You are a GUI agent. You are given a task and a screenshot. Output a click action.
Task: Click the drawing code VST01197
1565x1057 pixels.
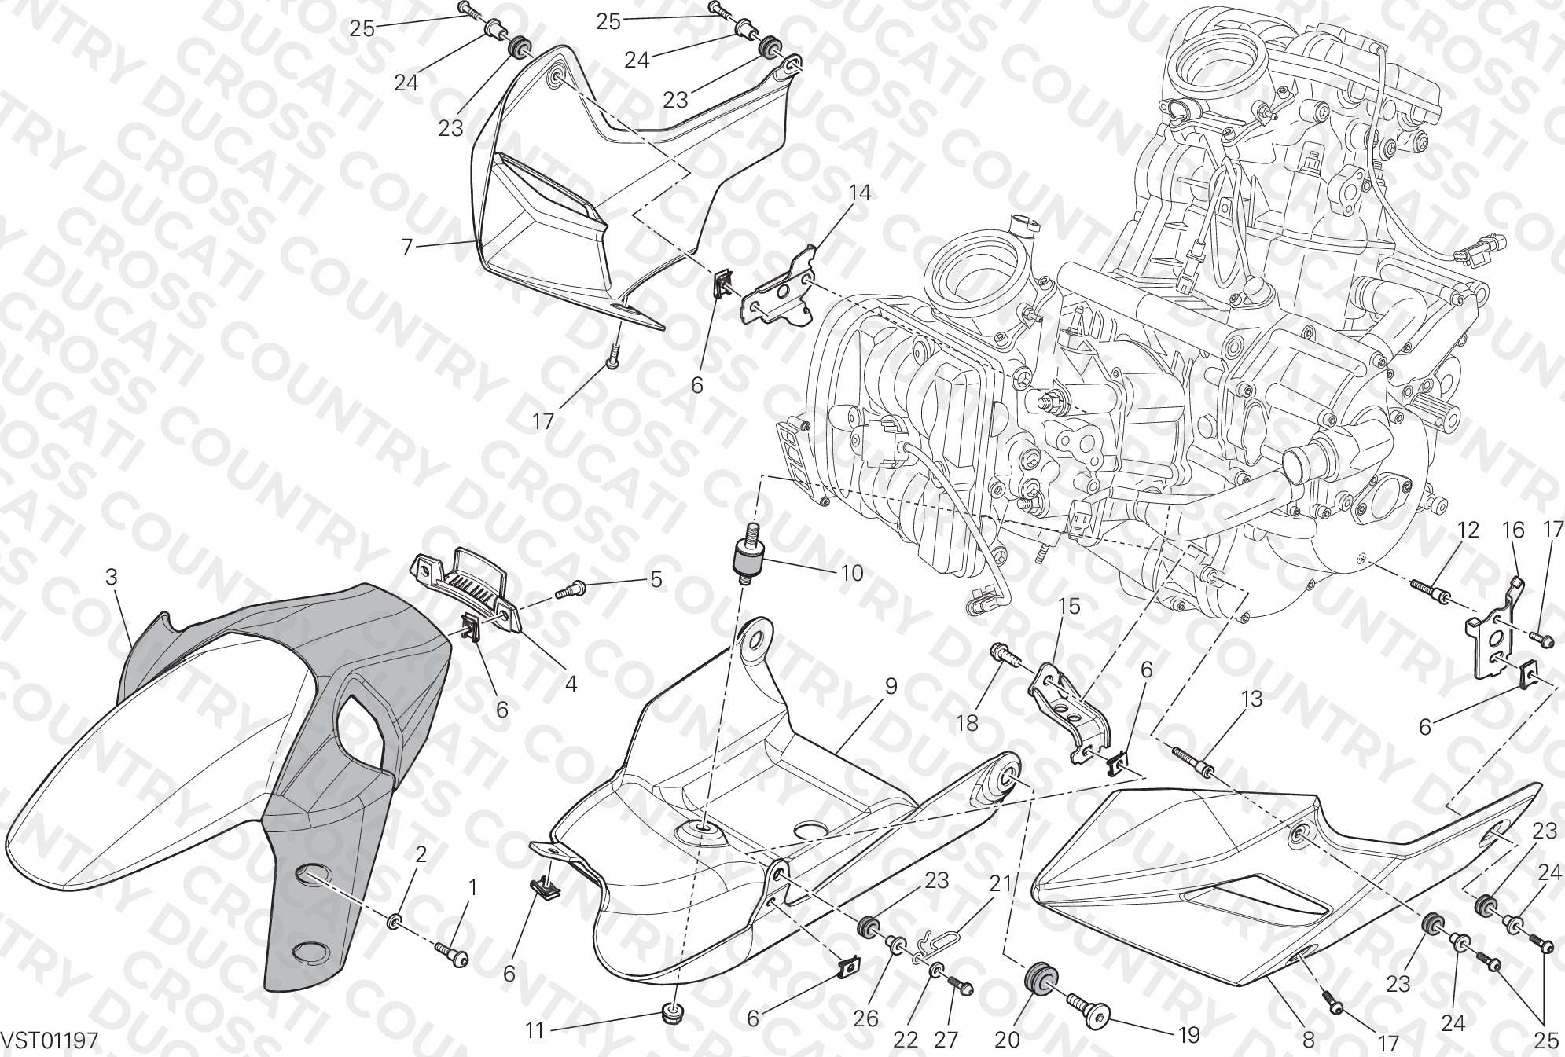tap(50, 1041)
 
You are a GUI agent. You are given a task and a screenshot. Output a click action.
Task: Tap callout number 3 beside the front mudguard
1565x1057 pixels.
tap(112, 578)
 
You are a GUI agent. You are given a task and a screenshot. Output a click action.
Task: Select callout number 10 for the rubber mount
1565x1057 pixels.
tap(852, 574)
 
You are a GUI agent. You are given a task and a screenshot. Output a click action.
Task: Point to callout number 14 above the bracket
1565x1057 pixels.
tap(860, 193)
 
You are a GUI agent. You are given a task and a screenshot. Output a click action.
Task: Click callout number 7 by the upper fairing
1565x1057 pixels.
tap(406, 248)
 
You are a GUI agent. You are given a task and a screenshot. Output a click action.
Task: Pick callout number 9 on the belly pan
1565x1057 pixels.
tap(891, 686)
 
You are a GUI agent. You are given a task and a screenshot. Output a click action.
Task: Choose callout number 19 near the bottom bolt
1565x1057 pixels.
tap(1189, 1036)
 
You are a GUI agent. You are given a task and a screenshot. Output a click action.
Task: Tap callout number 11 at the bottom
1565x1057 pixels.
tap(535, 1029)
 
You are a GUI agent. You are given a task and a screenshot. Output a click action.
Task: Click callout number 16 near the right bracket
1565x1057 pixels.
tap(1514, 530)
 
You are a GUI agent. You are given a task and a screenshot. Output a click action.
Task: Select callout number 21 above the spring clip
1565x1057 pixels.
tap(999, 883)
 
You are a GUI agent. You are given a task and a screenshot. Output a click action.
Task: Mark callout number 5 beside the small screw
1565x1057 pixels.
tap(656, 581)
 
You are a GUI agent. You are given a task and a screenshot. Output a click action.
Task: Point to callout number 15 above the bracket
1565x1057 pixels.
tap(1069, 607)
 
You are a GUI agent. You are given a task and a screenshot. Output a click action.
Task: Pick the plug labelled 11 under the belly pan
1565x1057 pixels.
tap(670, 1015)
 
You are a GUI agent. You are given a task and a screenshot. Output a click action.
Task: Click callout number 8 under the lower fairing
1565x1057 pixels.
tap(1309, 1040)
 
